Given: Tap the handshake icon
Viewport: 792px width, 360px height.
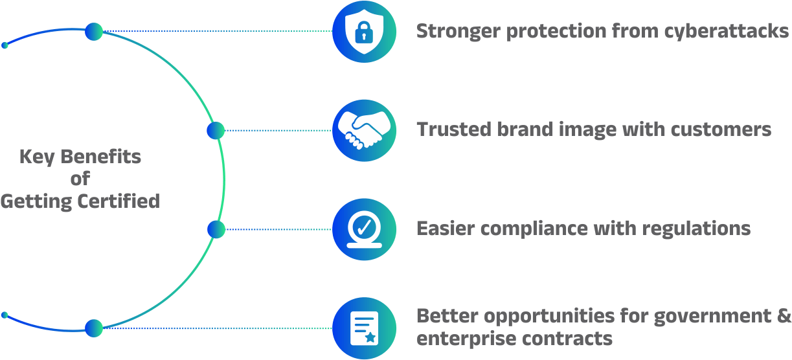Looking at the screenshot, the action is (364, 130).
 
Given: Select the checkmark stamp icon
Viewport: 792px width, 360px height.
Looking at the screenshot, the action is (364, 229).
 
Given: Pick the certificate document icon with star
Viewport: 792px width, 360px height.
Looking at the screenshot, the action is (364, 328).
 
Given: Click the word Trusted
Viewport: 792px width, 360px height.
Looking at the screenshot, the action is (454, 129).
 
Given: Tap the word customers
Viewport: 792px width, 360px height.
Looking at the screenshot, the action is (721, 129).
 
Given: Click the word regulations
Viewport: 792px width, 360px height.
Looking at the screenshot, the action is (696, 229).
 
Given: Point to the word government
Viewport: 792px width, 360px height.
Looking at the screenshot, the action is (712, 317).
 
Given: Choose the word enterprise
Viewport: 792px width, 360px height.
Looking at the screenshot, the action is (466, 339).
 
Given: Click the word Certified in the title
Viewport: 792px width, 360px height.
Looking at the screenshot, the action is (119, 201).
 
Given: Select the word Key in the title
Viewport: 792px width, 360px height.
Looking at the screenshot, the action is (37, 157).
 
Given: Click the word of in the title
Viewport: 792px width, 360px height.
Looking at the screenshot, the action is (80, 179).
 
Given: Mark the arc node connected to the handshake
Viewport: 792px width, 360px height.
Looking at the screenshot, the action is (216, 131).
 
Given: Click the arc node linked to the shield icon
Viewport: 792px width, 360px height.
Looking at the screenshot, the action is (94, 32).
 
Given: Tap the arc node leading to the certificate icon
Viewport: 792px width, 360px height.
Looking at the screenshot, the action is (94, 328).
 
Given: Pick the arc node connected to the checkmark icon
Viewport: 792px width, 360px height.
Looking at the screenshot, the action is (216, 229).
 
